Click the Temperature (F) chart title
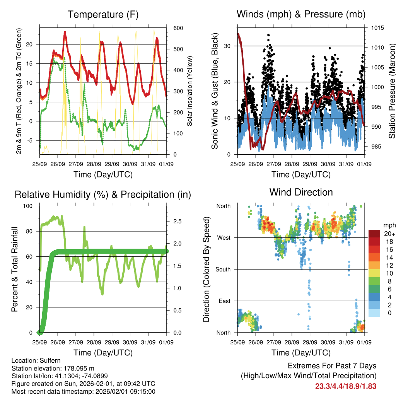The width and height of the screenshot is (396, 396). coord(103,15)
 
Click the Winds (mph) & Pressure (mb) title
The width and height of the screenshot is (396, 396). coord(301,15)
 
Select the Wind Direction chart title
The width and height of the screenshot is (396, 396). coord(301,192)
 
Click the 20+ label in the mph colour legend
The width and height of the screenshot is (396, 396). coord(389,234)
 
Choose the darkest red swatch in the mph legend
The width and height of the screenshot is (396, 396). coord(374,234)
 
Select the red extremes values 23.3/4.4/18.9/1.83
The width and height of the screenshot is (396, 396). coord(345,386)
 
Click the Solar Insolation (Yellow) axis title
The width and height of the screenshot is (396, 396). coord(190,91)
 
